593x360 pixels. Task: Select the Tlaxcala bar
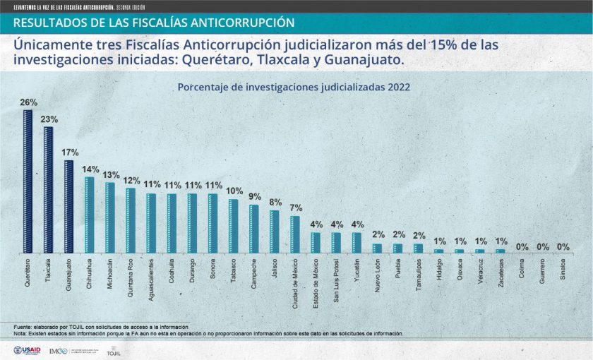(x=48, y=190)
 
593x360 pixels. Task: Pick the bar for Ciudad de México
(x=294, y=234)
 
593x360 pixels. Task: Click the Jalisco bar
(x=274, y=232)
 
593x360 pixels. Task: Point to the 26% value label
(x=28, y=102)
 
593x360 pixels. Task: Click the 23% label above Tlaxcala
(x=49, y=119)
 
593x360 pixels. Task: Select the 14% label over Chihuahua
(x=90, y=169)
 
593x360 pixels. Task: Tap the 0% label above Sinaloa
(x=563, y=247)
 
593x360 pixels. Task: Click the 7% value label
(x=295, y=208)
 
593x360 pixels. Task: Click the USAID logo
(x=27, y=351)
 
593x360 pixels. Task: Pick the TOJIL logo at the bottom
(x=113, y=352)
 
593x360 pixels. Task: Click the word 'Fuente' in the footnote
(x=22, y=327)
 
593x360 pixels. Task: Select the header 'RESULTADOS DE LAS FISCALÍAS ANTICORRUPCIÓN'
(x=153, y=23)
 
